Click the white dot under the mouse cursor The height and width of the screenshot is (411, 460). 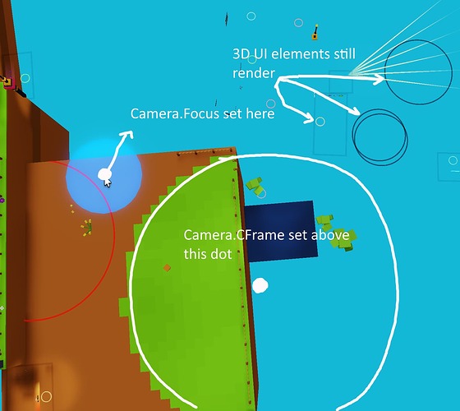point(103,174)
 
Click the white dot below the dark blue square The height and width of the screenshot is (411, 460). point(260,286)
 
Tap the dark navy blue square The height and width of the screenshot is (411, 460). point(281,231)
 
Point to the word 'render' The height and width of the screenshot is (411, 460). point(254,73)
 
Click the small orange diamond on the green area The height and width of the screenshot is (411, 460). point(167,268)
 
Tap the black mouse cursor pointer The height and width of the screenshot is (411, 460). point(108,182)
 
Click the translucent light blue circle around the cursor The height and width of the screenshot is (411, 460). point(103,176)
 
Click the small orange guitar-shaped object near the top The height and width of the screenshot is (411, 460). point(315,32)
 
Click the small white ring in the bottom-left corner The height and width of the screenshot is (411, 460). point(46,396)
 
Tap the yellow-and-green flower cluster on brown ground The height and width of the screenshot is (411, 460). point(87,228)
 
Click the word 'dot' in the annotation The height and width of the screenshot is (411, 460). point(223,254)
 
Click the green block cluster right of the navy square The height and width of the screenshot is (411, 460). point(337,233)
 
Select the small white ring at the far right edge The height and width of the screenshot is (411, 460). point(453,160)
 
